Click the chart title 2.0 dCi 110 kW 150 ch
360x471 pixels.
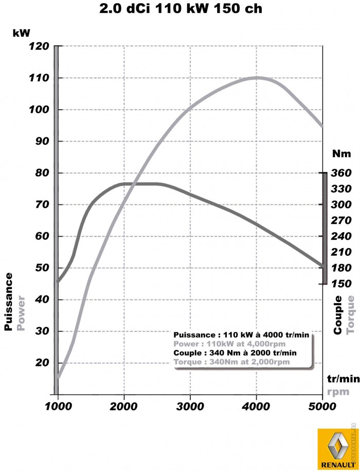(x=179, y=9)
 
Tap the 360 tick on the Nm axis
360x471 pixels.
(x=341, y=173)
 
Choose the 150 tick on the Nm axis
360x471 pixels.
(x=341, y=284)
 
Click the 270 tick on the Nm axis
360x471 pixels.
(x=341, y=220)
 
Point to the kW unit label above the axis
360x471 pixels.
(x=22, y=32)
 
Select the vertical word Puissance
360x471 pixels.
(x=8, y=302)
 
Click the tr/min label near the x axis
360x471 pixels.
(x=343, y=379)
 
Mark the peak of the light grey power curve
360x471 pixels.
(x=257, y=78)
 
